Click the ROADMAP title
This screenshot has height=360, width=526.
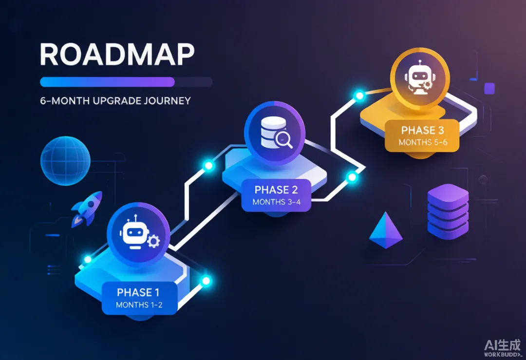(117, 54)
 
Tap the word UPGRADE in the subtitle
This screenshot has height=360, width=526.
(116, 101)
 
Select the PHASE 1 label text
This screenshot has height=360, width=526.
(138, 293)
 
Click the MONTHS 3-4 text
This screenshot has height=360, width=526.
(277, 202)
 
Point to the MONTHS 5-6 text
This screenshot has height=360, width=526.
(423, 142)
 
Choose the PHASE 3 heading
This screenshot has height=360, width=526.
(423, 130)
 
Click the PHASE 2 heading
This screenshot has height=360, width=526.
(276, 190)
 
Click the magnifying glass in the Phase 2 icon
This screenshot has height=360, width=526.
(284, 140)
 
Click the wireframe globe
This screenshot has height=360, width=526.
(65, 161)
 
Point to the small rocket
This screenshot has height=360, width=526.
(87, 208)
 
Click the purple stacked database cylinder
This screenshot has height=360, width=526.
(448, 211)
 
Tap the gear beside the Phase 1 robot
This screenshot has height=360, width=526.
(153, 241)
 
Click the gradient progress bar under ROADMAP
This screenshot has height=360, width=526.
(107, 82)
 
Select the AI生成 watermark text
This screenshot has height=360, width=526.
(502, 345)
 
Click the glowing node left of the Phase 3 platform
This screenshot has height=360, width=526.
(359, 95)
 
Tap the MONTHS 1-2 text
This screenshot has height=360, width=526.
(139, 305)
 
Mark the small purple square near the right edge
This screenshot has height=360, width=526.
(489, 89)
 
